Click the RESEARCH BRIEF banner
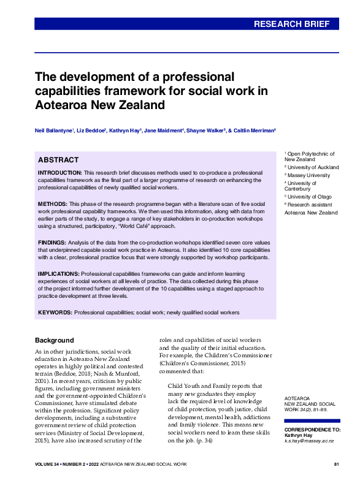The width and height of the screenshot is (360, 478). (296, 25)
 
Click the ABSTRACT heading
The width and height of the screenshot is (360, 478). (58, 160)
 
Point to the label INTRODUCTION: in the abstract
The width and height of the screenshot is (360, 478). (60, 173)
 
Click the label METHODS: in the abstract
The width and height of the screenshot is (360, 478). (53, 203)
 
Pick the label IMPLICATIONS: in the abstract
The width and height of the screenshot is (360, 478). (58, 273)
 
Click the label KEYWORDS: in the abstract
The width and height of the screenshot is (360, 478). (55, 313)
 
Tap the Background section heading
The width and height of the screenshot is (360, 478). (54, 340)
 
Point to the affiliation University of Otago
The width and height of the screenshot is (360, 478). (310, 197)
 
